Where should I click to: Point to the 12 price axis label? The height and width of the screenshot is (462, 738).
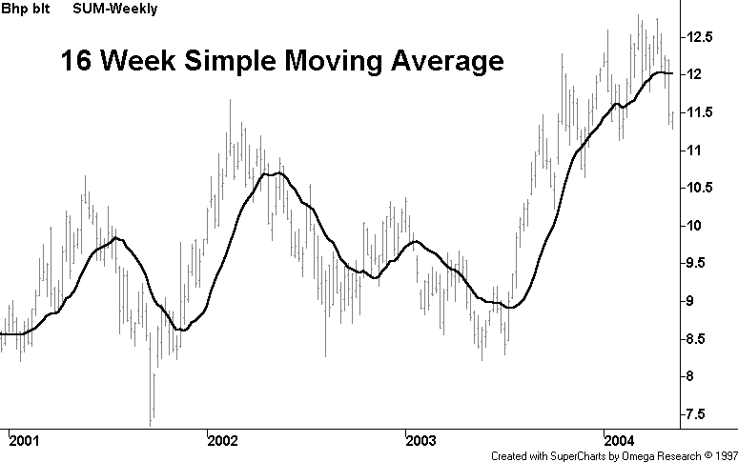[701, 74]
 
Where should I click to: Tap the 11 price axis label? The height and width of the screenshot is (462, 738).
[701, 151]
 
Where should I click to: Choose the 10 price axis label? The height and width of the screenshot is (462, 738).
[701, 226]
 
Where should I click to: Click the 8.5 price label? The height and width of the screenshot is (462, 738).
[705, 339]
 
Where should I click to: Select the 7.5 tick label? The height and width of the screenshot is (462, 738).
[705, 414]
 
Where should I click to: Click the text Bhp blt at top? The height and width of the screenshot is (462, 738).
[22, 10]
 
